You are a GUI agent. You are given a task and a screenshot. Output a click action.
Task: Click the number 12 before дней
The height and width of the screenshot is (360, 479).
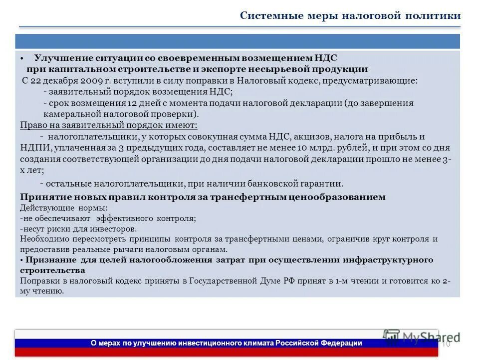[x=132, y=103]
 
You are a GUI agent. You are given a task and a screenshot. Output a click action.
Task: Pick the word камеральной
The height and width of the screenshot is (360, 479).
[x=73, y=113]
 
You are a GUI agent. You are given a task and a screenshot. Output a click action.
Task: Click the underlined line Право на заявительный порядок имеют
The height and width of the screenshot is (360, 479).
[x=109, y=125]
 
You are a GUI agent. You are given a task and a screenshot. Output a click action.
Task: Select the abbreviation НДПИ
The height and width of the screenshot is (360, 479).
[x=33, y=148]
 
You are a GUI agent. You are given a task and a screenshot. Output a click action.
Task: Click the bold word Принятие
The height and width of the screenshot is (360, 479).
[x=41, y=197]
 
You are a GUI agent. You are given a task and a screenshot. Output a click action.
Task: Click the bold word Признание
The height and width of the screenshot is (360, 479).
[x=48, y=260]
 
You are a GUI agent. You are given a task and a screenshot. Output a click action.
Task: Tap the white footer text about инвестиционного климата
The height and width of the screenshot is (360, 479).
[x=226, y=343]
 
